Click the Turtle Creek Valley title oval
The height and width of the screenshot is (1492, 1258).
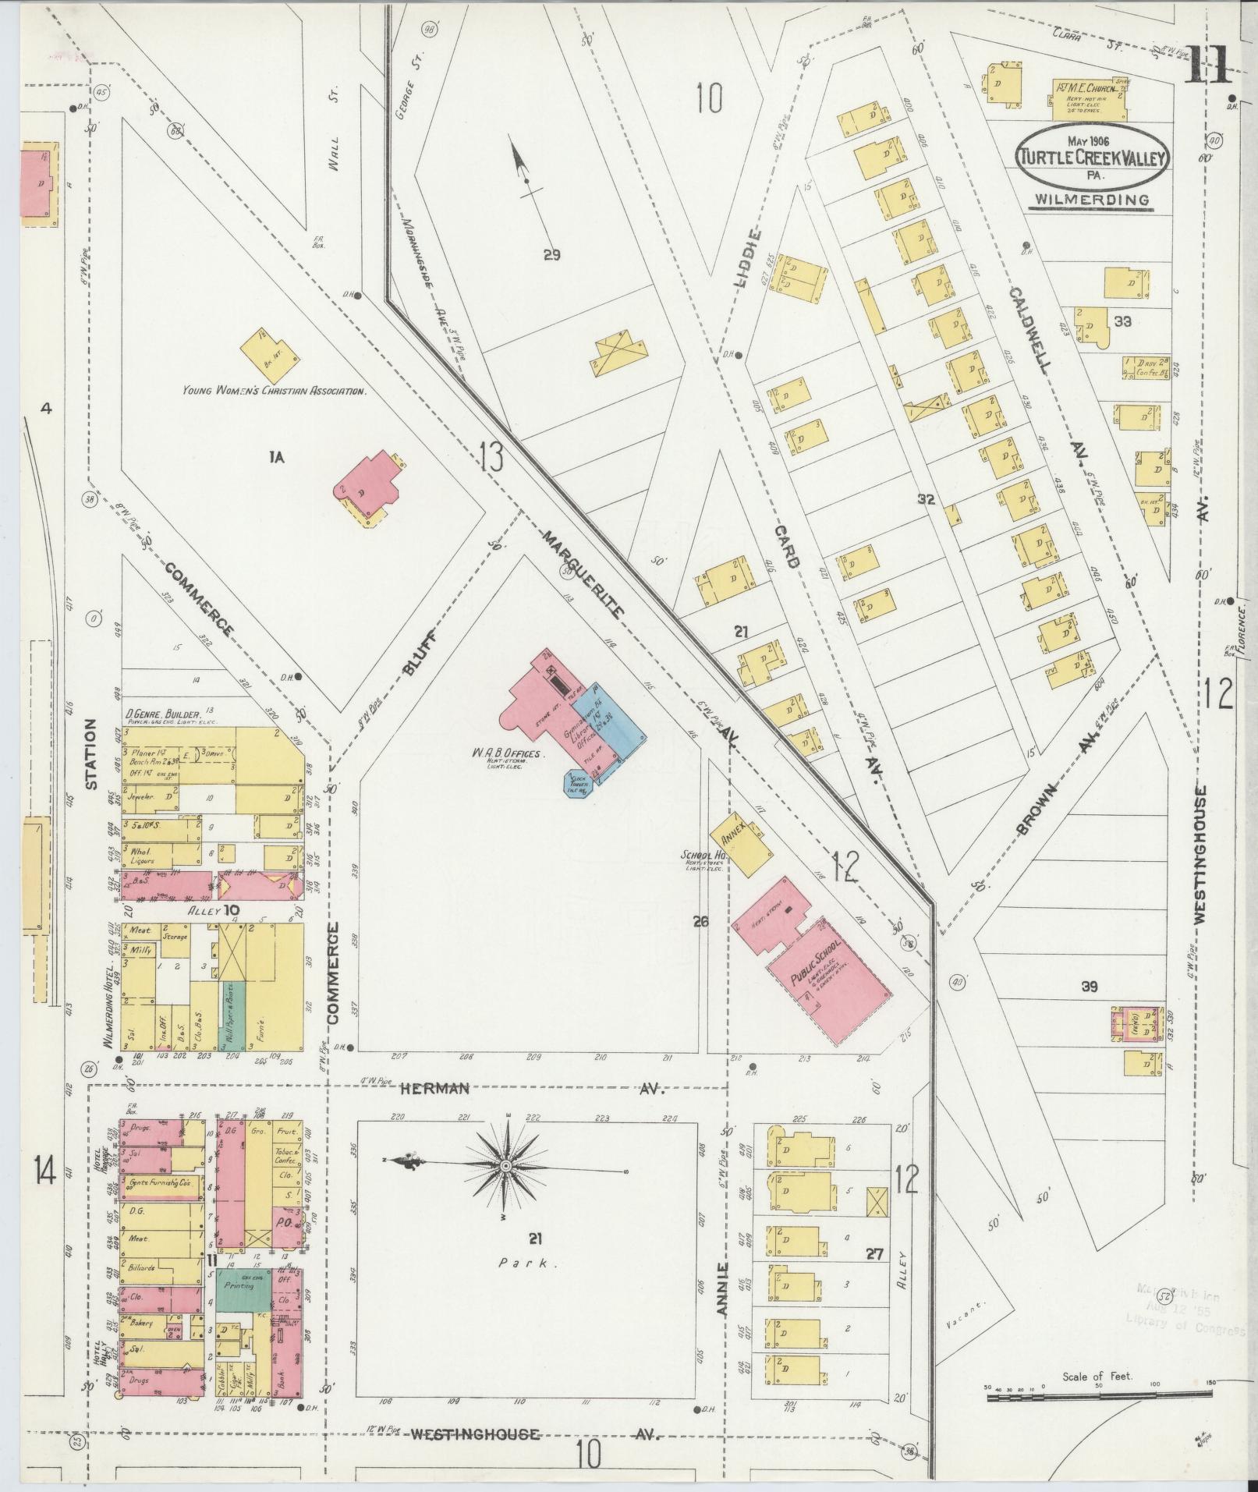[1093, 157]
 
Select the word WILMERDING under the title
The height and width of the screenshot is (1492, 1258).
[1092, 200]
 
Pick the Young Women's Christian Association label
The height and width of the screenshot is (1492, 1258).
[274, 392]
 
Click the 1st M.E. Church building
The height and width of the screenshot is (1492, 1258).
[1090, 99]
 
